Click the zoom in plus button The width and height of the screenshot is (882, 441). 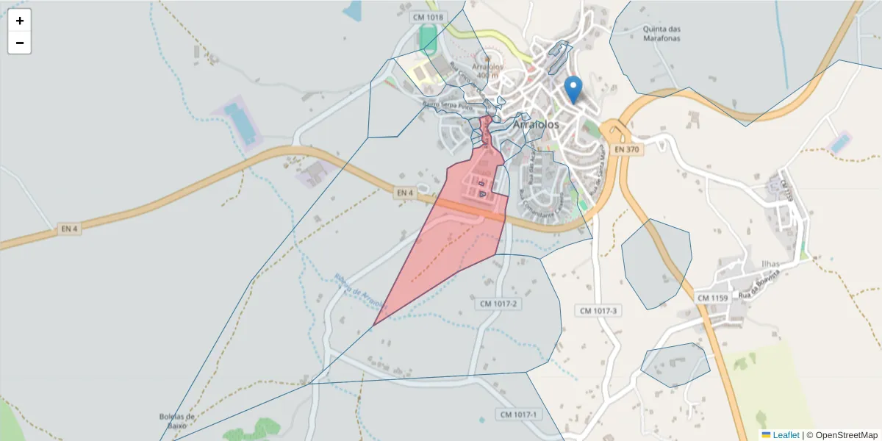point(20,21)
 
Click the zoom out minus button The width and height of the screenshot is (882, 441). point(20,43)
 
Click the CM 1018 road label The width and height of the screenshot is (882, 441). point(429,17)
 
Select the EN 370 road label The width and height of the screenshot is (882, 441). point(628,149)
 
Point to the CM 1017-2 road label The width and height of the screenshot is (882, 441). point(499,304)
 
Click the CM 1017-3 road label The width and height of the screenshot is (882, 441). point(600,311)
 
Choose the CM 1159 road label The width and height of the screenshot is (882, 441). point(711,298)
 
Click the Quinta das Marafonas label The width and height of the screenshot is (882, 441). point(661,34)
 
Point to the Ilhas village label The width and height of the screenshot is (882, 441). point(770,263)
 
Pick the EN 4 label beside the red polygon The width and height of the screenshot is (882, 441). point(405,193)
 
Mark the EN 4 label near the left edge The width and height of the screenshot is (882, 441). point(69,229)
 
